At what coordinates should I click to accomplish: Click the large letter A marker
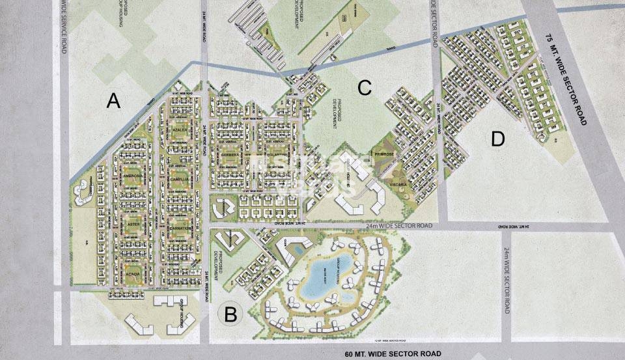[114, 102]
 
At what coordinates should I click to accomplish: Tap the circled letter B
[230, 314]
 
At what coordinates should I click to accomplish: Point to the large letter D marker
[498, 139]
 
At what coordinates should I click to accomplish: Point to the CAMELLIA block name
[179, 180]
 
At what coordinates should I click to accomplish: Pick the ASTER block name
[133, 225]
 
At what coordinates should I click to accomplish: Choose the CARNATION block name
[179, 228]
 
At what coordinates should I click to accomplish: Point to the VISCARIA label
[398, 185]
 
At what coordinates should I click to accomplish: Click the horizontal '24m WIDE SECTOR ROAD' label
[399, 225]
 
